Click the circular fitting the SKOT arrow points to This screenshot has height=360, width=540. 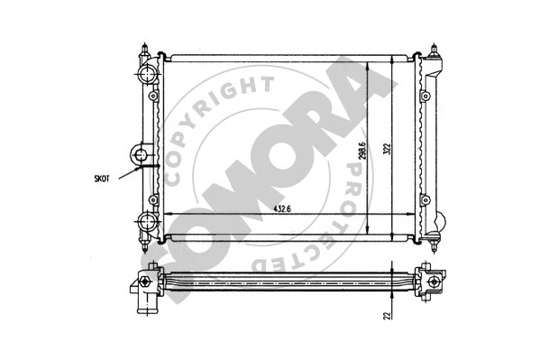142,154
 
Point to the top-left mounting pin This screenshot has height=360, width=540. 145,47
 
